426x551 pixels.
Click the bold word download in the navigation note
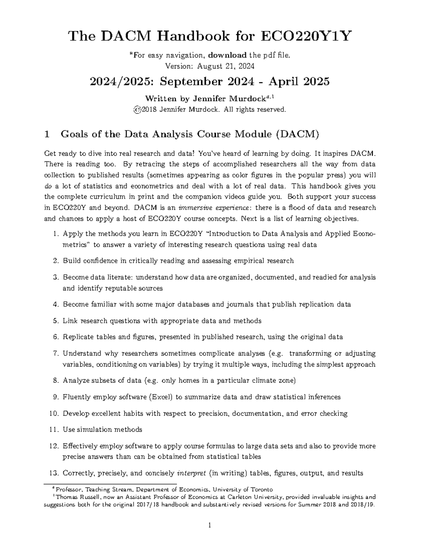click(227, 55)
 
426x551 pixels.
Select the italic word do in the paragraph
click(48, 186)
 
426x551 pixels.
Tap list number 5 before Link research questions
click(55, 321)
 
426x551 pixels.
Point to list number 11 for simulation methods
click(54, 430)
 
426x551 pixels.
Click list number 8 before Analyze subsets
click(55, 381)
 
